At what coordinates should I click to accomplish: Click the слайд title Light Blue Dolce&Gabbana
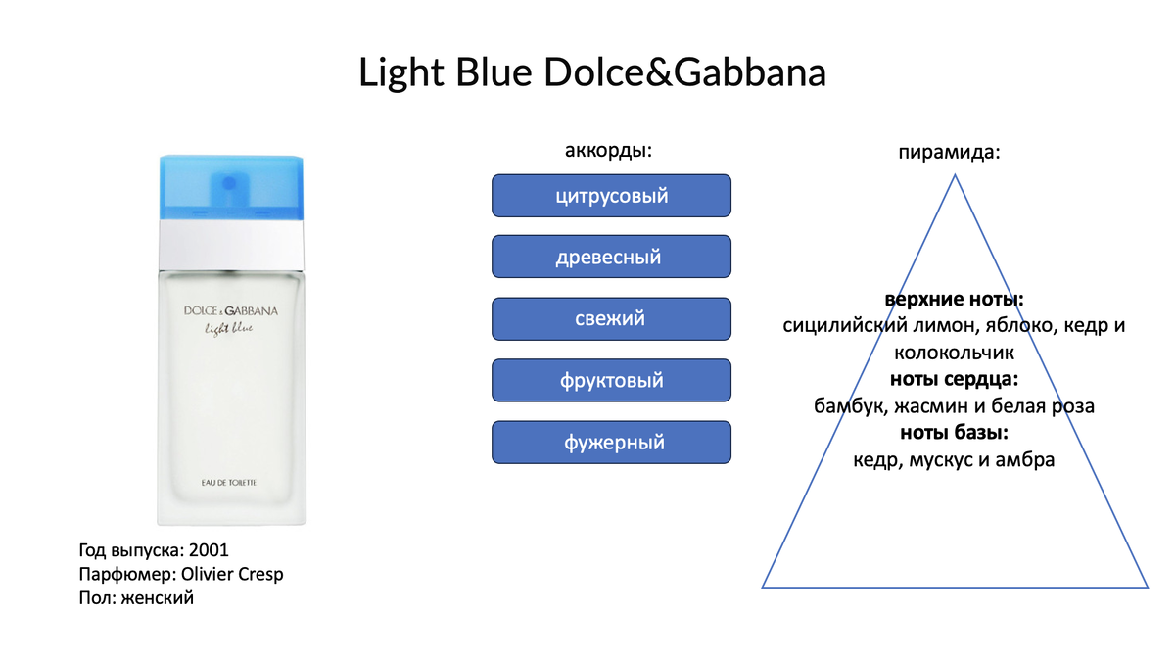[592, 72]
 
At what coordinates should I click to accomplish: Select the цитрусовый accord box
[611, 196]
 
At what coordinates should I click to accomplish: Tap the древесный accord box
[611, 258]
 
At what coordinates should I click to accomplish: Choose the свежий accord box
[611, 319]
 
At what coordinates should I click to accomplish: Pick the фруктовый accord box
[611, 381]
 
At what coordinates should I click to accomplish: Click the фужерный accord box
[611, 443]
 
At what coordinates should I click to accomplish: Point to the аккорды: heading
[608, 151]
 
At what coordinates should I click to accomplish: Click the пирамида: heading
[949, 153]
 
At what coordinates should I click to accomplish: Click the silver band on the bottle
[231, 242]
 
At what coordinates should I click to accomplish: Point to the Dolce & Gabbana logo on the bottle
[231, 311]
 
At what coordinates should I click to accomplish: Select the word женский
[157, 598]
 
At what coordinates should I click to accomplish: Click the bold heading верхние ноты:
[954, 299]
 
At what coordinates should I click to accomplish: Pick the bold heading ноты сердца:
[954, 379]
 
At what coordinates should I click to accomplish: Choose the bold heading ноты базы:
[954, 432]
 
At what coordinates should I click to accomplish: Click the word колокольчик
[954, 352]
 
